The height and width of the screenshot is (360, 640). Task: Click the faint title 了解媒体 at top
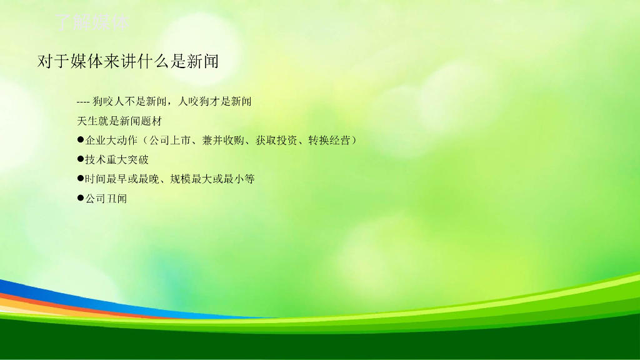[x=92, y=22]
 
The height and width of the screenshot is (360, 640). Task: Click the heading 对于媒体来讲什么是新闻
[x=127, y=61]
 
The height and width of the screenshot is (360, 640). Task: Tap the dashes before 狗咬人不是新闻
[x=83, y=101]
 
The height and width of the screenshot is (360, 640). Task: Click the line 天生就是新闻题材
[x=119, y=121]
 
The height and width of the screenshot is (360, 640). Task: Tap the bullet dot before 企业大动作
[x=81, y=139]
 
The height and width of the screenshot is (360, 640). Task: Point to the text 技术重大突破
[x=117, y=159]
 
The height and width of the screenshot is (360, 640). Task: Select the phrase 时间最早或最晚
[x=122, y=179]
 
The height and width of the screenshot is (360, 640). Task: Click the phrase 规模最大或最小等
[x=212, y=179]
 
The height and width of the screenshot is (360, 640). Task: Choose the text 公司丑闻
[x=106, y=198]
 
